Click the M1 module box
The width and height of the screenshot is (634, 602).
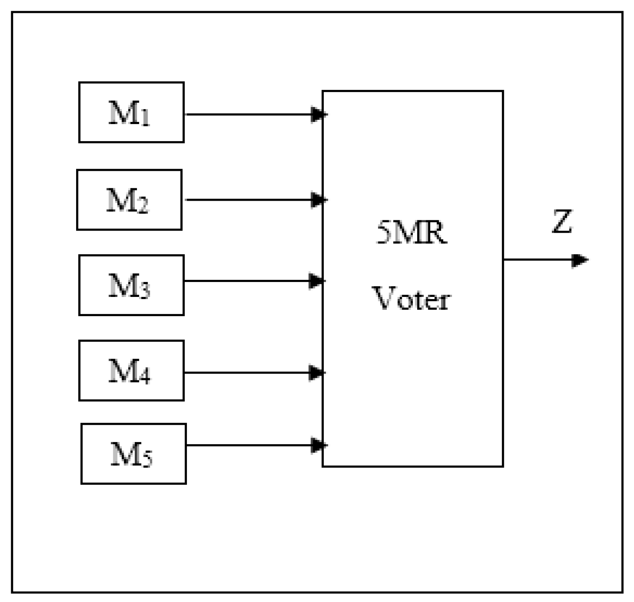pos(131,112)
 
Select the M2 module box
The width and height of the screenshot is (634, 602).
pos(129,200)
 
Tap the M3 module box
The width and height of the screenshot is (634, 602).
pos(131,285)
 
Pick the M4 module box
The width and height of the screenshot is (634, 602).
pos(131,371)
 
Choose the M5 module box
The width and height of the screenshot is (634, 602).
pos(133,454)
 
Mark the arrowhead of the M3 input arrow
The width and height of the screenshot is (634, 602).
pos(317,281)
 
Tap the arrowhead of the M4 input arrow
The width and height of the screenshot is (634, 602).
pos(317,373)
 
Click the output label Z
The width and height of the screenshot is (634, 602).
pos(562,221)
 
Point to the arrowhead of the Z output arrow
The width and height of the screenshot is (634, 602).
pos(580,260)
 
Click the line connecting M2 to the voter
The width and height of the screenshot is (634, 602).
pos(248,200)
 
